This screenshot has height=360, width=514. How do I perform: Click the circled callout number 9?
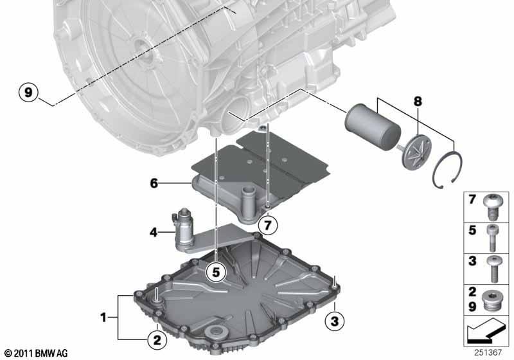pos(28,93)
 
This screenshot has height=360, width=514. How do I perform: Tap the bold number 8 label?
pos(418,102)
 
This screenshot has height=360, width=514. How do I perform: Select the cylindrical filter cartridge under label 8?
pos(373,122)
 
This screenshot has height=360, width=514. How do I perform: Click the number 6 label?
pos(154,183)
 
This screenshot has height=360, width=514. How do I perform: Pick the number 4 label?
pos(154,233)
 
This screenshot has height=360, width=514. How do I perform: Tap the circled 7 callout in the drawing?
pos(268,226)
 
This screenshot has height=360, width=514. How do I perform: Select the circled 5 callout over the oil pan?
pos(216,272)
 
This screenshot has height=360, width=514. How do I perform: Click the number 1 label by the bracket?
pos(103,318)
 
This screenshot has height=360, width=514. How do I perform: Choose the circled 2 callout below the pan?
pos(157,340)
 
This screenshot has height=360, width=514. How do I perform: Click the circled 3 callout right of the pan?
pos(334,321)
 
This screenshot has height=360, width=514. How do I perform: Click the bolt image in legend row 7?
pos(491,206)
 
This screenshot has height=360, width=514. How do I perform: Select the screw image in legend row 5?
pos(492,237)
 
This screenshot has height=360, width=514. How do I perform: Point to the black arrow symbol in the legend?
pos(485,330)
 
